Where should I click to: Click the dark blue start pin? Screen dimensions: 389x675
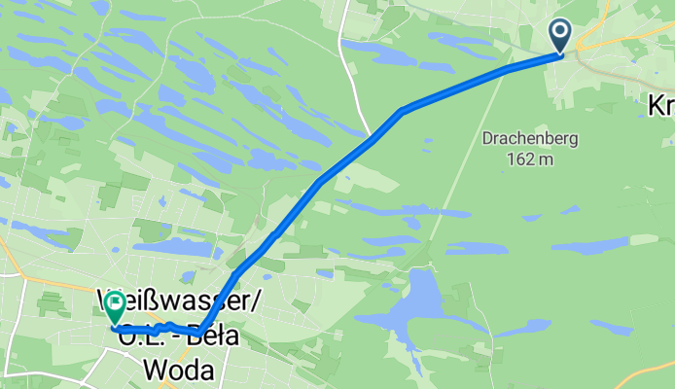(561, 36)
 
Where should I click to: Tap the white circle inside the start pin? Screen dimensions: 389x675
(561, 31)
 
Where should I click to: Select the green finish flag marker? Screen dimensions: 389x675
(115, 307)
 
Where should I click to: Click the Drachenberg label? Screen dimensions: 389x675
(530, 139)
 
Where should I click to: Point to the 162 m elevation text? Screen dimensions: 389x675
(531, 159)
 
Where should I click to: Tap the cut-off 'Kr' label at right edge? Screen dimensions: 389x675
(661, 106)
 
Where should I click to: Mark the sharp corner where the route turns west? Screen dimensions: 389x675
(199, 334)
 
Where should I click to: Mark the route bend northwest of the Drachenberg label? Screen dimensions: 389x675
(402, 111)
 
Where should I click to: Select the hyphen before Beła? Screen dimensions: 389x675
(191, 335)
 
